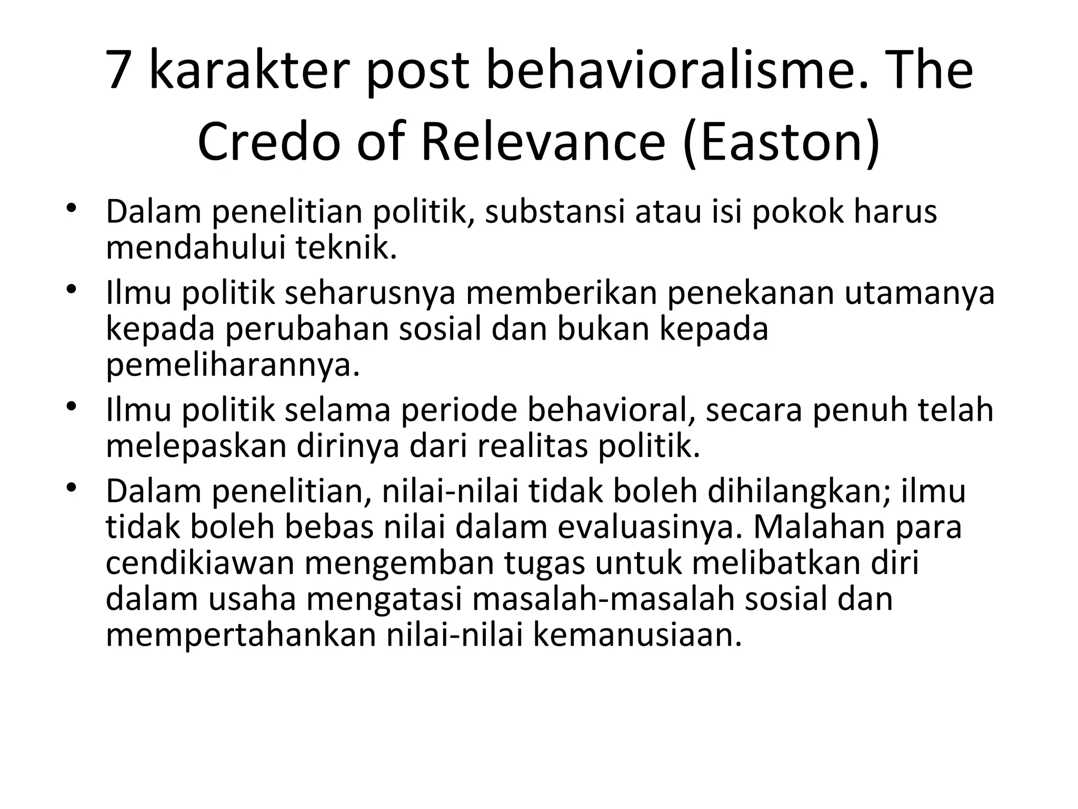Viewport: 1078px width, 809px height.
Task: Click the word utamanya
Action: [919, 293]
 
